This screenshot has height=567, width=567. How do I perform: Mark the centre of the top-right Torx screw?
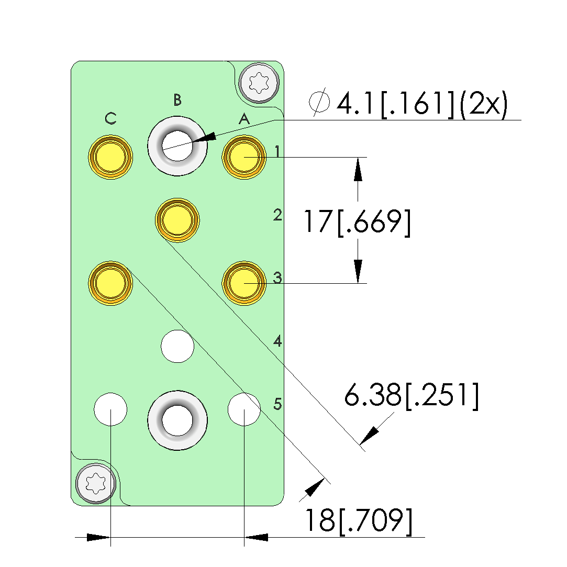tap(259, 83)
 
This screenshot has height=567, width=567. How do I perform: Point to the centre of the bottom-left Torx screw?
tap(96, 483)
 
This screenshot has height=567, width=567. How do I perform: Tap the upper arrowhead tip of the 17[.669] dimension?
tap(358, 158)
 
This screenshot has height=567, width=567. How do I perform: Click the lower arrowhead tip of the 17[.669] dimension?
tap(358, 283)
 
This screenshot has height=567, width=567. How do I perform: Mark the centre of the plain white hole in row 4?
tap(177, 346)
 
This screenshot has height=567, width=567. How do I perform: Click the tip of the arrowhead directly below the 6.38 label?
tap(360, 444)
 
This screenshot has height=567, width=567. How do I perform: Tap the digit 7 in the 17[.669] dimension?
tap(324, 221)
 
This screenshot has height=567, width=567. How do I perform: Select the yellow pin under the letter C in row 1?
tap(110, 157)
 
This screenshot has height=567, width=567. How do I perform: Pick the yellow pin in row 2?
tap(177, 220)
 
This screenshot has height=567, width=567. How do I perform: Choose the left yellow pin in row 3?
tap(110, 283)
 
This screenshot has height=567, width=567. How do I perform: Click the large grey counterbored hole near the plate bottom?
tap(177, 420)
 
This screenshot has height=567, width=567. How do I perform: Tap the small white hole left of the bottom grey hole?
tap(110, 409)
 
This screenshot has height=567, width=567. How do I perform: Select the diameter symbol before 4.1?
tap(319, 102)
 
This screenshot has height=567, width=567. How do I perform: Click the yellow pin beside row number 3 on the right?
tap(244, 283)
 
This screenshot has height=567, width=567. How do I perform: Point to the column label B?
tap(177, 100)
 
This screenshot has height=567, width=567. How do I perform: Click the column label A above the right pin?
tap(244, 119)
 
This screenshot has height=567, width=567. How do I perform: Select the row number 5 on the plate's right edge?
tap(277, 404)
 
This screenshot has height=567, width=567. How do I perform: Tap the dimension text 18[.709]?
tap(359, 521)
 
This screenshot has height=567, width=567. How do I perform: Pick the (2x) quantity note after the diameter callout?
tap(483, 104)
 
